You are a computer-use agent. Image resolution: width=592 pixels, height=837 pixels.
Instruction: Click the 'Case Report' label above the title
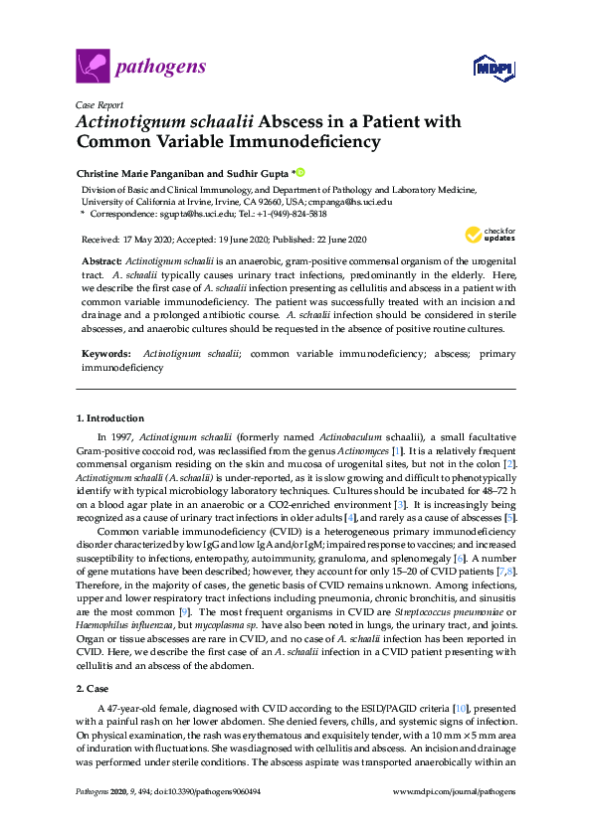coord(99,104)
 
